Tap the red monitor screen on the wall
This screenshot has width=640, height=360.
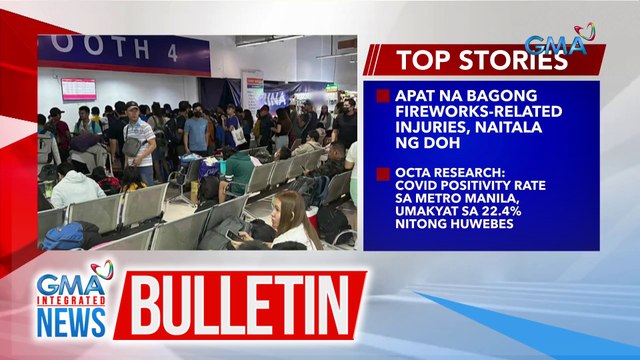pos(78,89)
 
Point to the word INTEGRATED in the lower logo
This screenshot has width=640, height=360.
pos(70,299)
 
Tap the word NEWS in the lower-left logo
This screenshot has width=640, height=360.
pos(70,322)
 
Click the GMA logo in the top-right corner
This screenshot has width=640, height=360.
pos(559,42)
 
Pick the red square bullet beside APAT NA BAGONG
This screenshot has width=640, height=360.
pos(382,97)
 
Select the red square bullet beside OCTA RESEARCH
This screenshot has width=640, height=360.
pos(382,172)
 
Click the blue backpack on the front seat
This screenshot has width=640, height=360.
pos(65,236)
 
